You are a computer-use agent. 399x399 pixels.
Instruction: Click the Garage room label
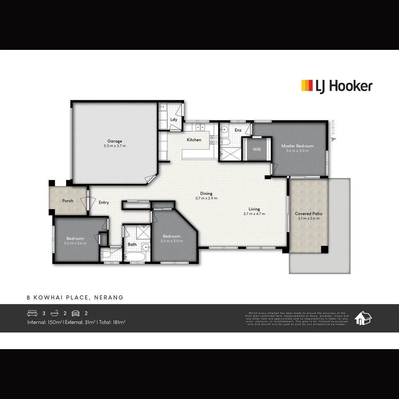[x=115, y=141]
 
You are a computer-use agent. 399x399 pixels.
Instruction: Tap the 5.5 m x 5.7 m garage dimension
[x=115, y=146]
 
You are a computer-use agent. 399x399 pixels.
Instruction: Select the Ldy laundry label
[x=174, y=120]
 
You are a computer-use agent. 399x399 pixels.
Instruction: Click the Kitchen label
[x=194, y=140]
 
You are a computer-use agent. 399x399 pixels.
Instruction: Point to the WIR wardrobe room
[x=257, y=149]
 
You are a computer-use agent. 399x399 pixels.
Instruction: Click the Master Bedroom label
[x=297, y=146]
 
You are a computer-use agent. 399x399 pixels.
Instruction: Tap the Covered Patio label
[x=308, y=214]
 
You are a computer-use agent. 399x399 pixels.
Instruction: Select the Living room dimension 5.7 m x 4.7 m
[x=254, y=214]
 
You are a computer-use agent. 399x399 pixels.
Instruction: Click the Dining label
[x=206, y=194]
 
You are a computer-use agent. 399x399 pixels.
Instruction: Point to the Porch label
[x=68, y=201]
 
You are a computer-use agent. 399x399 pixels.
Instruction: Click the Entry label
[x=104, y=202]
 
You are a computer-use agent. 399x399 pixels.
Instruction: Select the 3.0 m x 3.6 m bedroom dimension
[x=75, y=243]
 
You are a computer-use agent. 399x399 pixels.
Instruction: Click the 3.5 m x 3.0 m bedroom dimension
[x=172, y=241]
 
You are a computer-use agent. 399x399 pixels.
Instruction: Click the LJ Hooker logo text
[x=343, y=86]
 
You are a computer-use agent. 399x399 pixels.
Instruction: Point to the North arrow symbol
[x=334, y=140]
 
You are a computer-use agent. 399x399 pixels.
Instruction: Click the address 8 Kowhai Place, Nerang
[x=75, y=297]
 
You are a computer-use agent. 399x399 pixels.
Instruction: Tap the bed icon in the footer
[x=33, y=313]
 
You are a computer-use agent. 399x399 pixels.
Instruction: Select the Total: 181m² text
[x=112, y=322]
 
